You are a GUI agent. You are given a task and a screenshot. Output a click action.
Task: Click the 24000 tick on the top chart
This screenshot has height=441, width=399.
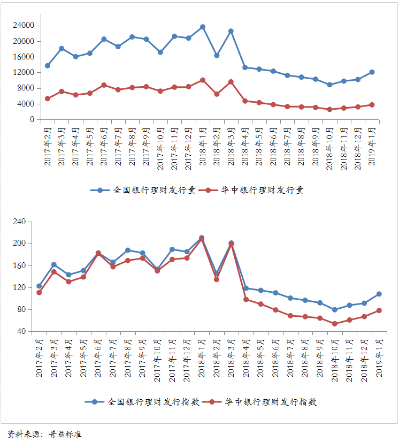(x=24, y=25)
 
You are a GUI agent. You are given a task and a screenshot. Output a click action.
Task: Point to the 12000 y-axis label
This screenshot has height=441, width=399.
(x=24, y=72)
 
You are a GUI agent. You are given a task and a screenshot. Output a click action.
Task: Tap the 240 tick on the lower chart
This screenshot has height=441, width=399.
(x=20, y=222)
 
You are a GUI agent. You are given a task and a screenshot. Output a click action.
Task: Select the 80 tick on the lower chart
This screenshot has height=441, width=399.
(x=21, y=309)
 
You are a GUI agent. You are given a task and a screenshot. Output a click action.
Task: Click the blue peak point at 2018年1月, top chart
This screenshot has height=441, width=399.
(x=203, y=27)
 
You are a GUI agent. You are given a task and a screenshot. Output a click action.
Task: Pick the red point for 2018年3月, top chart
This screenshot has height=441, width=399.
(x=231, y=82)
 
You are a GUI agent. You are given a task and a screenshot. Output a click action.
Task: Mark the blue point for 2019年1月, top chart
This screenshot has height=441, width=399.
(x=372, y=72)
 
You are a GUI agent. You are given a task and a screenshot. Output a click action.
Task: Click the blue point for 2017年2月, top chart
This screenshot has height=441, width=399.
(x=48, y=66)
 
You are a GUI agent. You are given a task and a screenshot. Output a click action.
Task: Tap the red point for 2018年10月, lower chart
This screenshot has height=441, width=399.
(x=335, y=324)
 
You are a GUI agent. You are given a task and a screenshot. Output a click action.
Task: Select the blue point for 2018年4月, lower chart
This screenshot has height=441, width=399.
(x=246, y=288)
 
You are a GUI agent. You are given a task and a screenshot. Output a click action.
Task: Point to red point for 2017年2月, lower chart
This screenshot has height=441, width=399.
(x=39, y=292)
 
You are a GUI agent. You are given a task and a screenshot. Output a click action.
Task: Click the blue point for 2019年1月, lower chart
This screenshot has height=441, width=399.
(x=379, y=294)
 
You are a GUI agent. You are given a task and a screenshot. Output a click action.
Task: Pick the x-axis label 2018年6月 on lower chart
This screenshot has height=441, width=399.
(x=275, y=359)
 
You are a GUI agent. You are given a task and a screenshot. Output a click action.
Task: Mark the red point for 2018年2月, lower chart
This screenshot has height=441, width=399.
(x=216, y=279)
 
